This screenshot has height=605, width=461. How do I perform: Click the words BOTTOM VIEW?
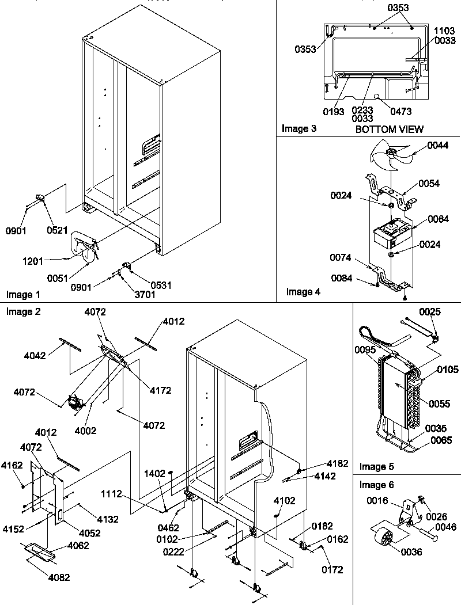tap(389, 129)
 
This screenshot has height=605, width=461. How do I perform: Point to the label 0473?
tap(400, 112)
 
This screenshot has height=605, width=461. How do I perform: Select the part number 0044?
tap(440, 146)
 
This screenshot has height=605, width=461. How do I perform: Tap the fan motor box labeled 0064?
tap(391, 233)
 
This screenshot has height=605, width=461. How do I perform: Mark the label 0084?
tap(342, 279)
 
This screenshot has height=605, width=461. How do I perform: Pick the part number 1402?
tap(154, 473)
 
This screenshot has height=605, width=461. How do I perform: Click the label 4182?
tap(337, 463)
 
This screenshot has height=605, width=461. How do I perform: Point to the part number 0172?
tap(332, 570)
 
